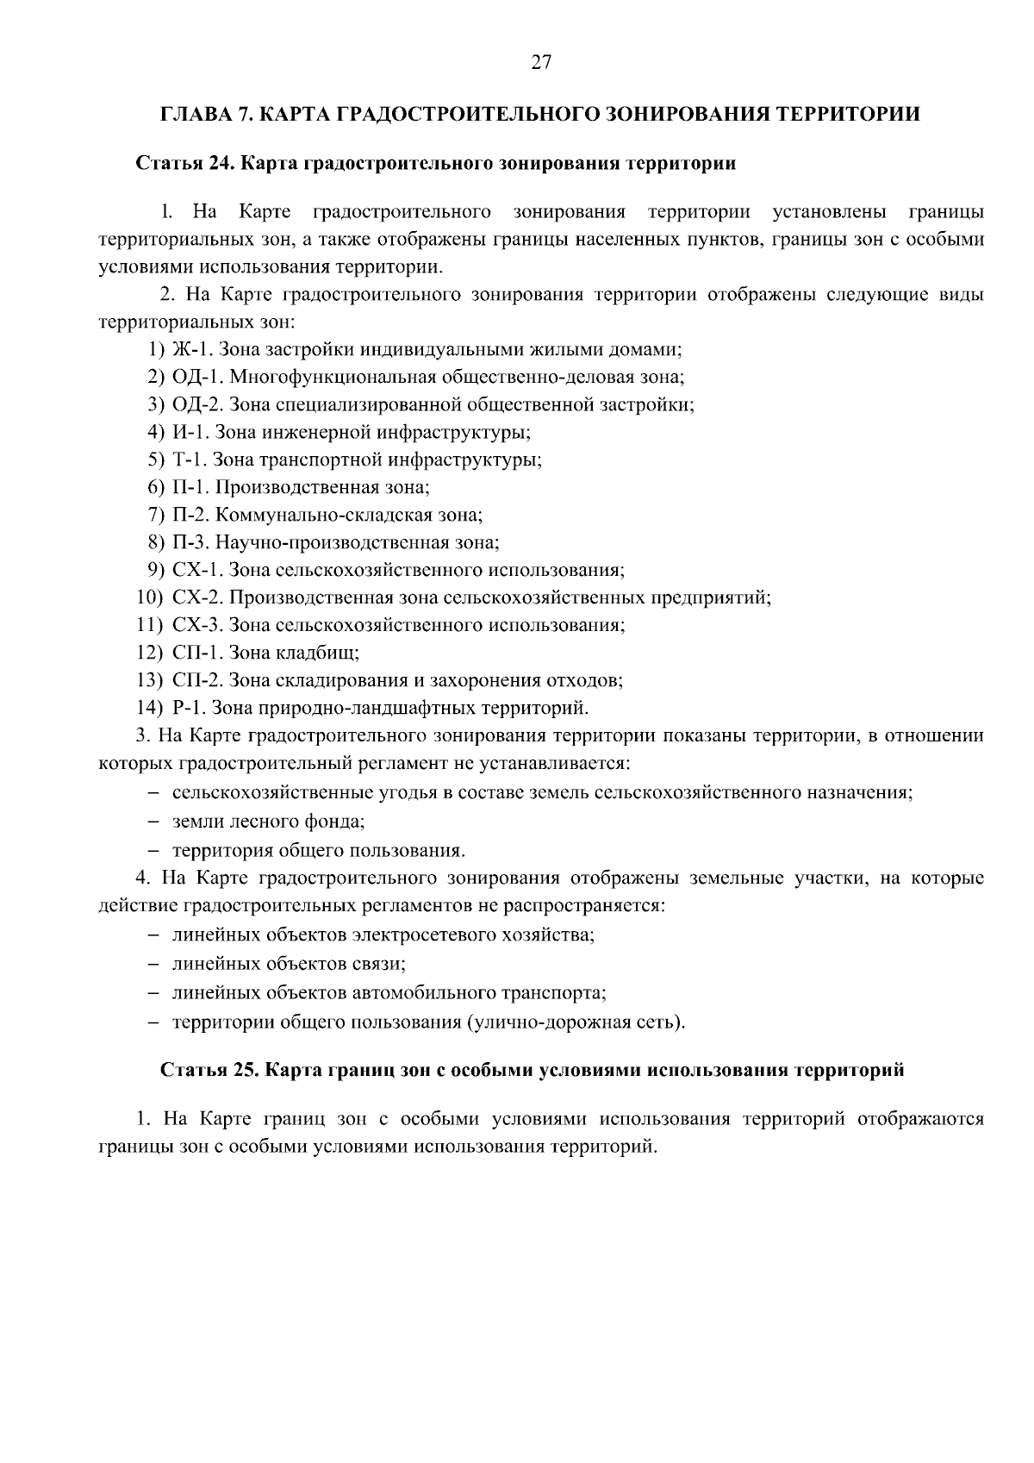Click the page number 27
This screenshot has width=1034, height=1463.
[x=540, y=62]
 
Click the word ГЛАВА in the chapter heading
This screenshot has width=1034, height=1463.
[x=191, y=115]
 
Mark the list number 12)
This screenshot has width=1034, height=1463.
[x=150, y=653]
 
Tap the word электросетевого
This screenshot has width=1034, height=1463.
[x=427, y=935]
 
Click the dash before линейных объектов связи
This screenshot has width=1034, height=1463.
[x=153, y=964]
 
